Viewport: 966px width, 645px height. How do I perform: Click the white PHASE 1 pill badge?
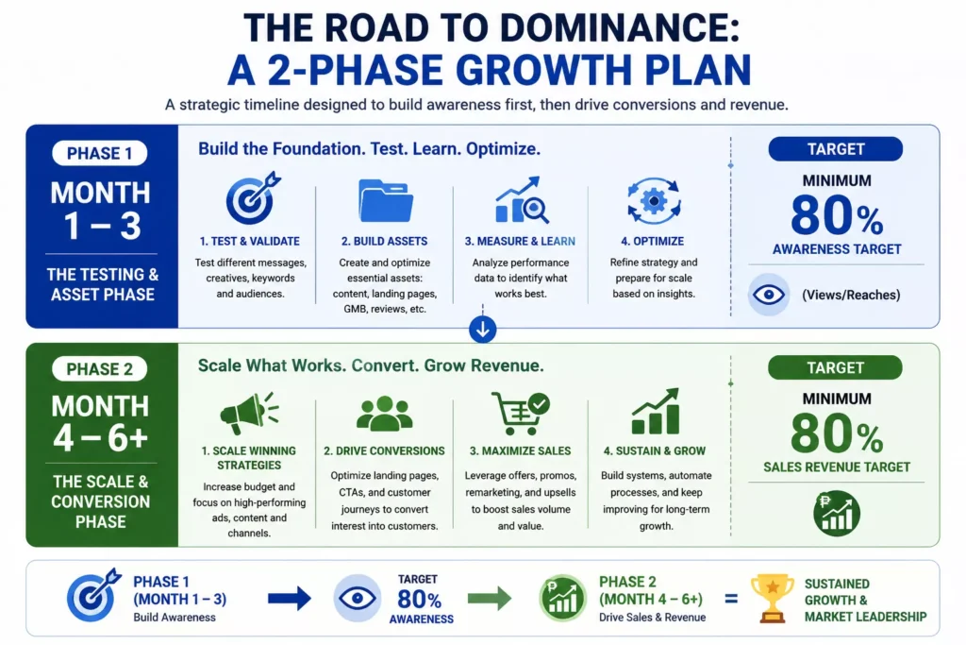(x=100, y=153)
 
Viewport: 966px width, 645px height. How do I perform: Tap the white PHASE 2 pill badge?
(x=100, y=368)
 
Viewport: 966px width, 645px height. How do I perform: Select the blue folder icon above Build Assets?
(x=386, y=200)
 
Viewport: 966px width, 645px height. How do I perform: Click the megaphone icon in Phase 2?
(x=249, y=413)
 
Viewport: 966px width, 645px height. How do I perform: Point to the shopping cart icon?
(x=521, y=413)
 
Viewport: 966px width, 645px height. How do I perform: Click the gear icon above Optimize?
(x=654, y=201)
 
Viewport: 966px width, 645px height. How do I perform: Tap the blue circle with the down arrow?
(x=482, y=330)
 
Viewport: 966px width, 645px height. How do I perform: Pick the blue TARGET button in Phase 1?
(x=836, y=149)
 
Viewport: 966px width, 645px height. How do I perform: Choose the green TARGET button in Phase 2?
(x=836, y=367)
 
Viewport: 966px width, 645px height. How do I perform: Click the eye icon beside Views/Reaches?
(x=769, y=295)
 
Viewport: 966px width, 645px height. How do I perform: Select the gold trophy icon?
(x=772, y=598)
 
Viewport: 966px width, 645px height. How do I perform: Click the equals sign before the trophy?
(x=731, y=599)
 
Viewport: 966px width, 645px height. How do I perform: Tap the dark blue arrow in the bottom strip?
(x=290, y=598)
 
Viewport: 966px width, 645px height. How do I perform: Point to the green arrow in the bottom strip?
(x=490, y=598)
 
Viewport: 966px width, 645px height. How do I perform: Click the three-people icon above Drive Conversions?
(x=385, y=413)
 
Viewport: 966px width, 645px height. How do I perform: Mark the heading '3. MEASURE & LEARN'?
(x=520, y=241)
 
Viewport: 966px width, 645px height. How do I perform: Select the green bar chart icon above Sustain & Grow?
(x=656, y=412)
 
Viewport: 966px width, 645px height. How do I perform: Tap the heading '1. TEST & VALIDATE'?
(x=249, y=241)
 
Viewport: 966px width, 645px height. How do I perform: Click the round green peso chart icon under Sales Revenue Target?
(x=836, y=513)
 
